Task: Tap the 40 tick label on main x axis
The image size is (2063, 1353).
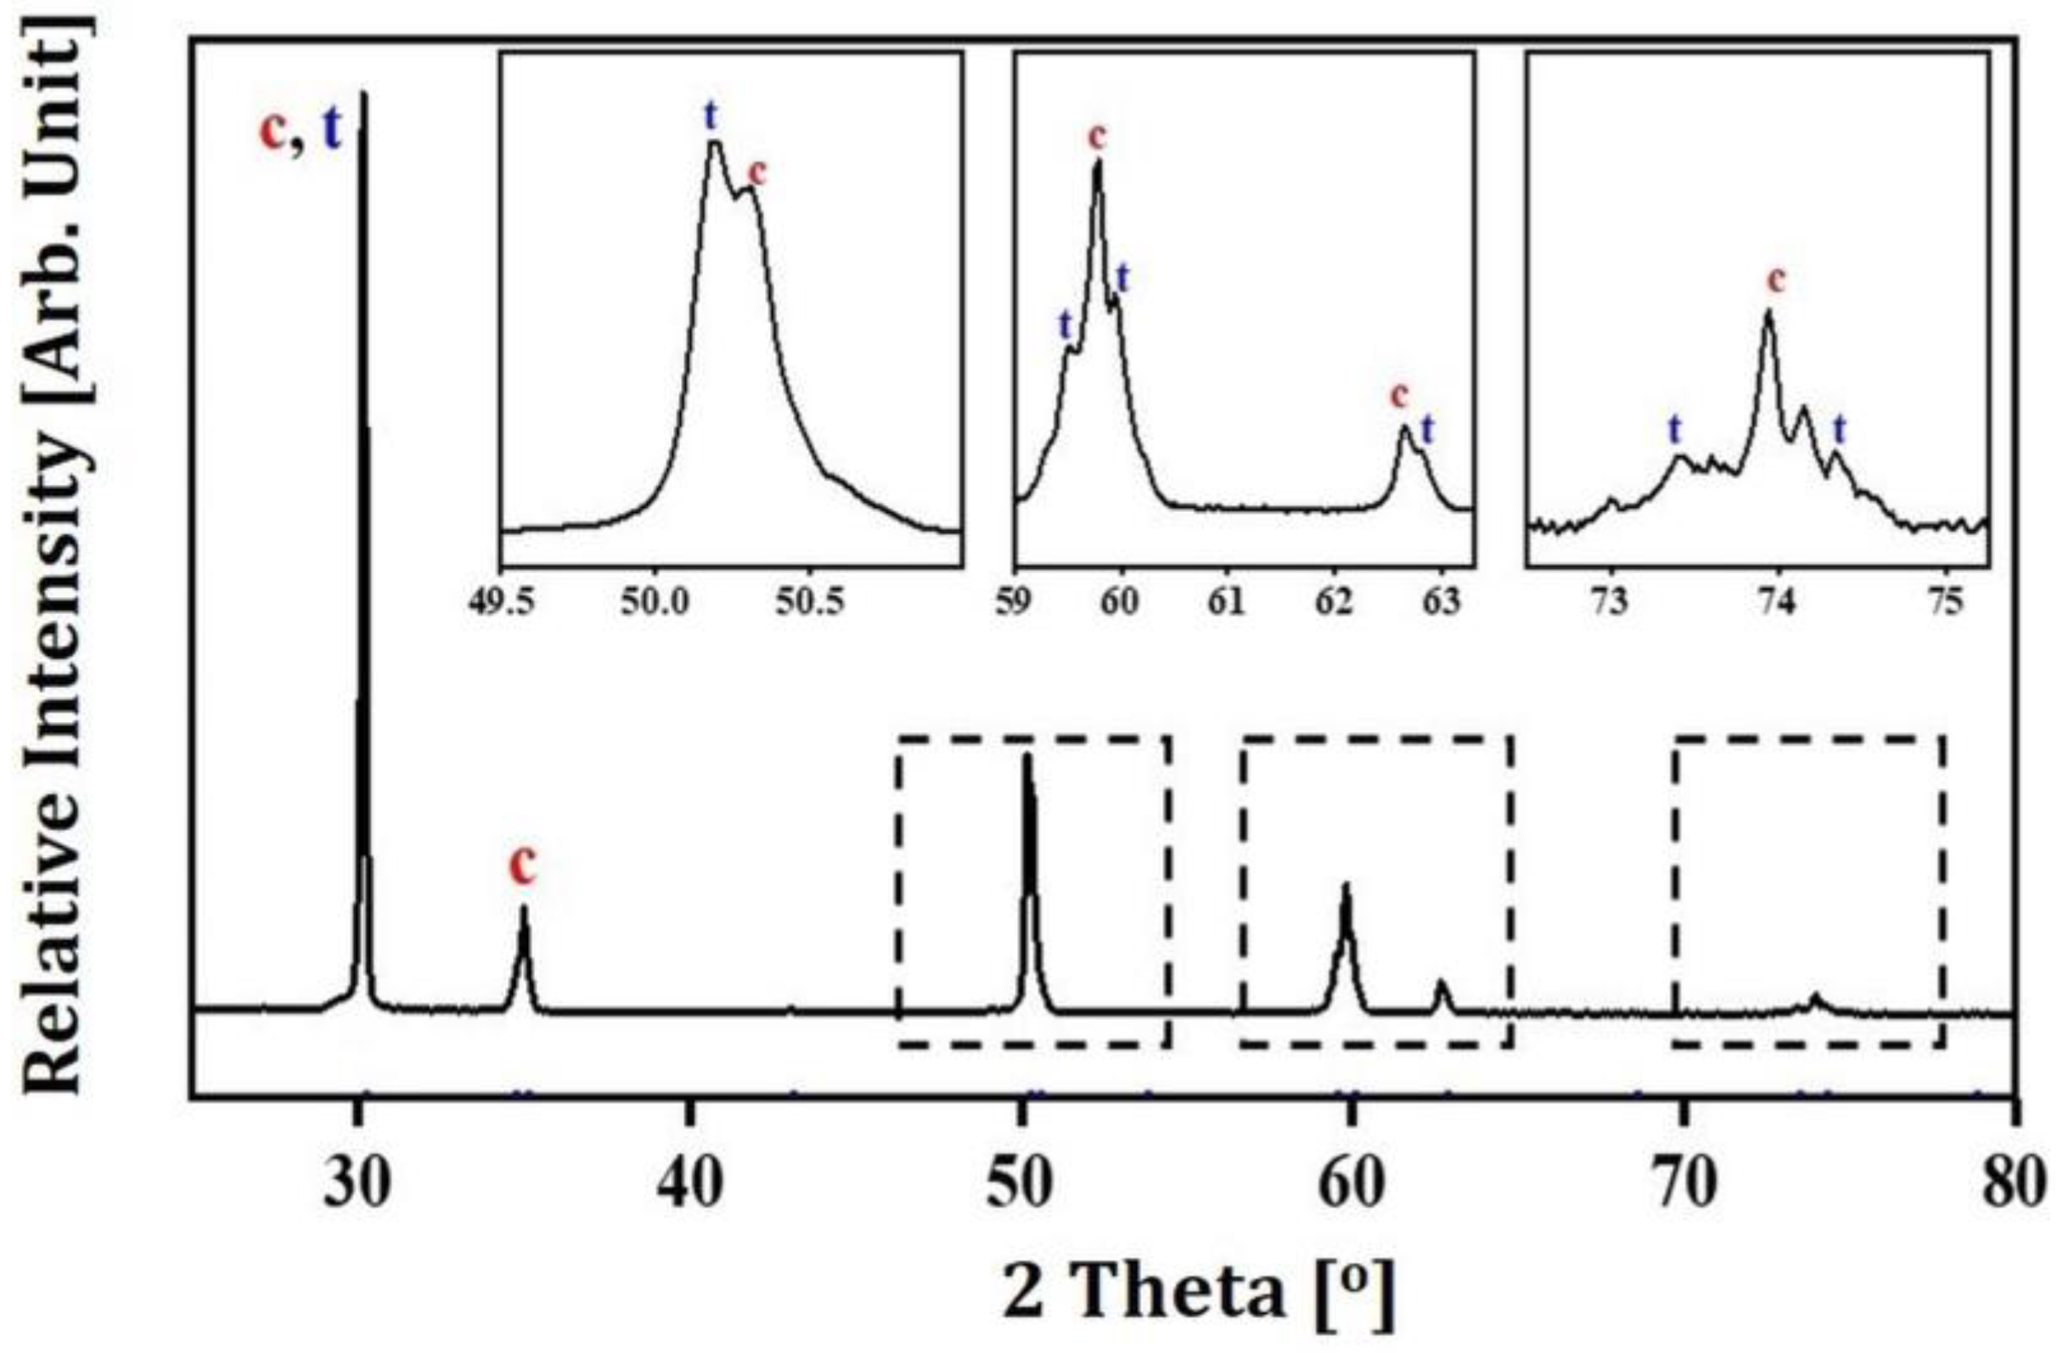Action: [x=690, y=1187]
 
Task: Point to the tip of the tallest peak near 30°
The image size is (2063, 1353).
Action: [x=363, y=93]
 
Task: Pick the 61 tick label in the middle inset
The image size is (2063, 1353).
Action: [x=1227, y=602]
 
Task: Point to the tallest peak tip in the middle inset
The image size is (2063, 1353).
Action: [x=1099, y=162]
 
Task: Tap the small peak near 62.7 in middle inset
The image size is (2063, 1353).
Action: [x=1404, y=427]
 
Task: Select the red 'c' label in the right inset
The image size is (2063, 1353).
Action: [x=1776, y=280]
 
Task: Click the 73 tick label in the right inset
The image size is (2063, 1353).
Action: [x=1611, y=602]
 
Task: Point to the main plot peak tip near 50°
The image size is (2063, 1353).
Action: [x=1027, y=756]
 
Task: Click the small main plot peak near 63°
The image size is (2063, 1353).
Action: [x=1442, y=983]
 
